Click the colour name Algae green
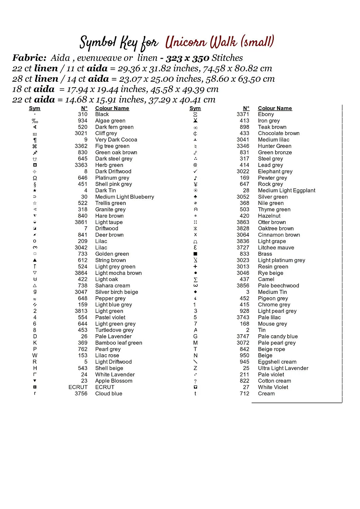click(110, 121)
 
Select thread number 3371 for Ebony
click(243, 114)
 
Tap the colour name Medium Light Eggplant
click(286, 191)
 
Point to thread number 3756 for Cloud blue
click(81, 394)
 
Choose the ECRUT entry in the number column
click(78, 387)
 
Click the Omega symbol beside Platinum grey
click(35, 178)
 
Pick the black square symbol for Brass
click(195, 254)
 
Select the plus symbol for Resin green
click(195, 267)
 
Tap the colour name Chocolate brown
click(278, 133)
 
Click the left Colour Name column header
click(112, 108)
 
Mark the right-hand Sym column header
click(195, 108)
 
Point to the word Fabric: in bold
click(29, 58)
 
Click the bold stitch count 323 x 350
click(187, 58)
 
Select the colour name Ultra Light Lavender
click(283, 368)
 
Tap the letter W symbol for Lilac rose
click(35, 356)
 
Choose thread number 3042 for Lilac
click(81, 248)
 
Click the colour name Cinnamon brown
click(279, 235)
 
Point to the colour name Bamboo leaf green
click(119, 343)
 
